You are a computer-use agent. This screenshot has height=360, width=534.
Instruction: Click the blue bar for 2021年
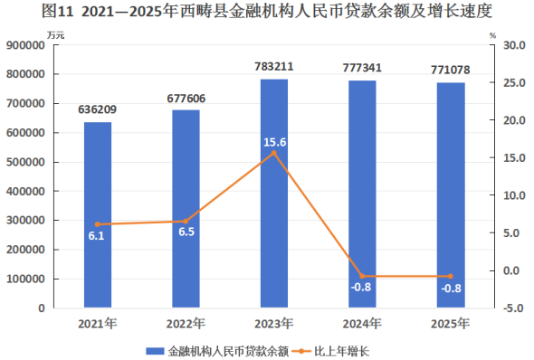tap(98, 214)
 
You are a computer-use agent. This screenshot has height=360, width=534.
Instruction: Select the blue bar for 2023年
tap(274, 194)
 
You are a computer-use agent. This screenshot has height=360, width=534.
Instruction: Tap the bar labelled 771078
tap(451, 195)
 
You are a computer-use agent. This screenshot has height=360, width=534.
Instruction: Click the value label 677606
tap(186, 99)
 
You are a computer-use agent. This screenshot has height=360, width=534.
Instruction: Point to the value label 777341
tap(362, 68)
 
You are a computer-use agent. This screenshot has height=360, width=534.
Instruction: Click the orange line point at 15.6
tap(274, 153)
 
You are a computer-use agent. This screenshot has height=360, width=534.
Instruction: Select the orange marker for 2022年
tap(186, 222)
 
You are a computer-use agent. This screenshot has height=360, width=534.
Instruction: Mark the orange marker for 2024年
tap(362, 276)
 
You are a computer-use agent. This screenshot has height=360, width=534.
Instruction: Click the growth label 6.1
tap(96, 236)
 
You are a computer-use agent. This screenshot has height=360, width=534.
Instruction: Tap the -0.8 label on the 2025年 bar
tap(452, 289)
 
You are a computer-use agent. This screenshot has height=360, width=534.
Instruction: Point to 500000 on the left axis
tap(25, 162)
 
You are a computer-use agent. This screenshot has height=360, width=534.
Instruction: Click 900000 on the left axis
tap(25, 45)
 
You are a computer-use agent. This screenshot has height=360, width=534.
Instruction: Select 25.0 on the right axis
tap(514, 82)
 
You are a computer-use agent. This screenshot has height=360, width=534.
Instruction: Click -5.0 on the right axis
tap(514, 308)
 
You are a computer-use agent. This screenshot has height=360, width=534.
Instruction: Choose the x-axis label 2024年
tap(362, 324)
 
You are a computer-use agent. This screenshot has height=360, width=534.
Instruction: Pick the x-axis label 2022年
tap(186, 324)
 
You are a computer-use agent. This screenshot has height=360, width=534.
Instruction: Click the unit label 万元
tap(56, 35)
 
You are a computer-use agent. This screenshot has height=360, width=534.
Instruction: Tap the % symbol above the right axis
tap(492, 35)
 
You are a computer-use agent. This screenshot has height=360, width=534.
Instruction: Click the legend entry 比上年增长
tap(341, 351)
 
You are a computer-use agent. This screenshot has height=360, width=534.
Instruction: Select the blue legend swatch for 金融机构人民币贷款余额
tap(156, 351)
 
